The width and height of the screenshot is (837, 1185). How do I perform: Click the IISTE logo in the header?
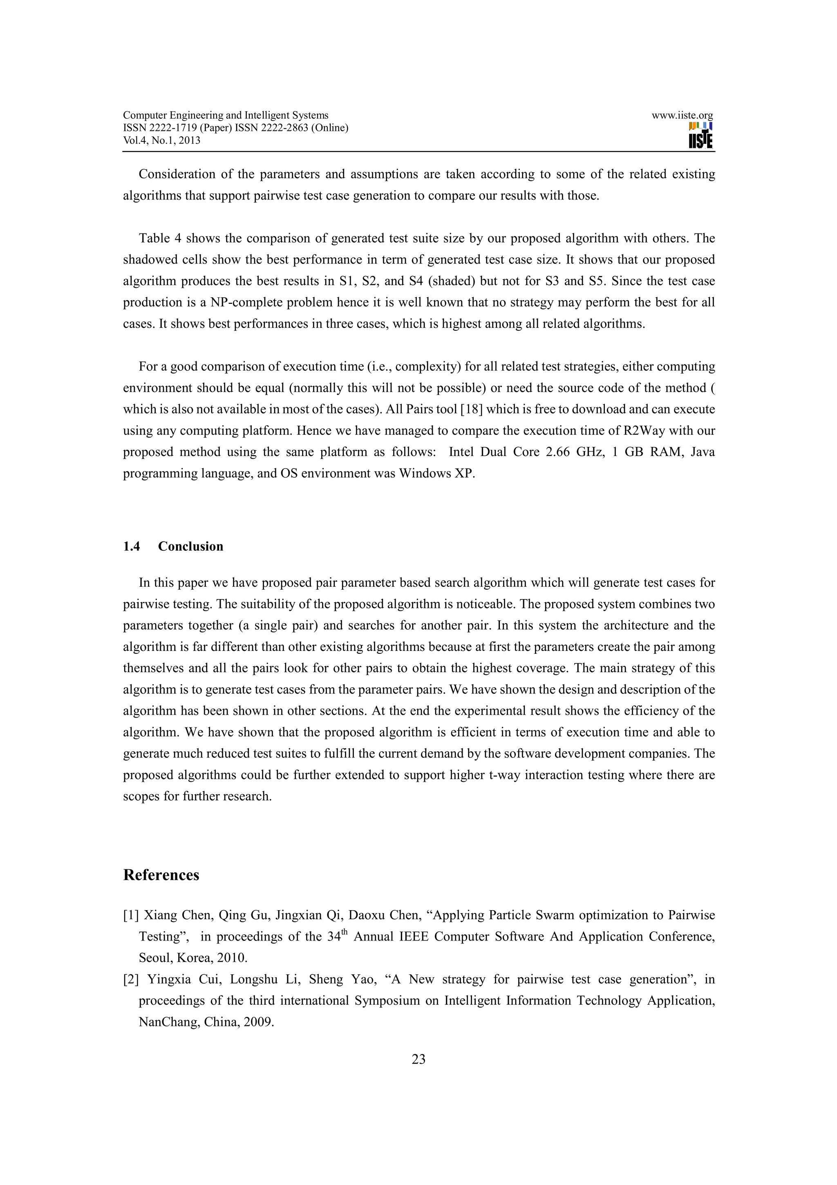[x=700, y=136]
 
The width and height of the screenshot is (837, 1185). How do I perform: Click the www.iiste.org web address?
[x=682, y=116]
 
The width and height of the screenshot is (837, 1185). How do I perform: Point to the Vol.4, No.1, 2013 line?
[x=161, y=140]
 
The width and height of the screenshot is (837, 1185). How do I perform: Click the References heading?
[x=161, y=875]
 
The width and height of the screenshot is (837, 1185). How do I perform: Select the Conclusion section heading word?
[x=190, y=547]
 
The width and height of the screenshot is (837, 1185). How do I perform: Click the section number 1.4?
[x=132, y=547]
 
